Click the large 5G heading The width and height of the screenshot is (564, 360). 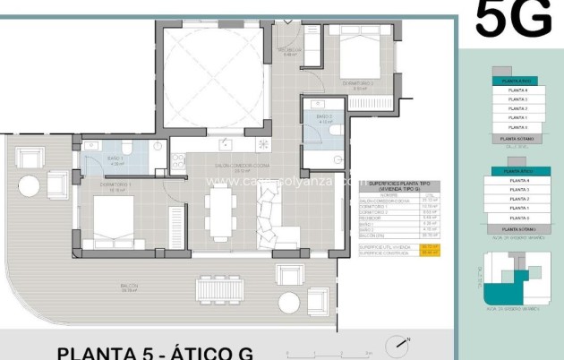[x=513, y=20]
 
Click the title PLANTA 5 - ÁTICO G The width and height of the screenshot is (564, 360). [x=155, y=351]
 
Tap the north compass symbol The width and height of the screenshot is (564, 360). [x=397, y=346]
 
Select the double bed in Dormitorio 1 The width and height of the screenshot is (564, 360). [x=113, y=219]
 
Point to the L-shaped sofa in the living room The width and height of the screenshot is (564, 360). [x=277, y=220]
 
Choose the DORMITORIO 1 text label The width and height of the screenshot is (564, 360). [x=116, y=185]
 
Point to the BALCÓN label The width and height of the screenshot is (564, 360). [x=130, y=287]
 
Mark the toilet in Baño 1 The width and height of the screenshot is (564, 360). [x=127, y=147]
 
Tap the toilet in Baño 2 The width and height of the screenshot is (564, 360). [x=336, y=129]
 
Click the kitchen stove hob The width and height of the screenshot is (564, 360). [x=263, y=144]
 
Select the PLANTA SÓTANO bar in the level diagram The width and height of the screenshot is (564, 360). [x=517, y=140]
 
